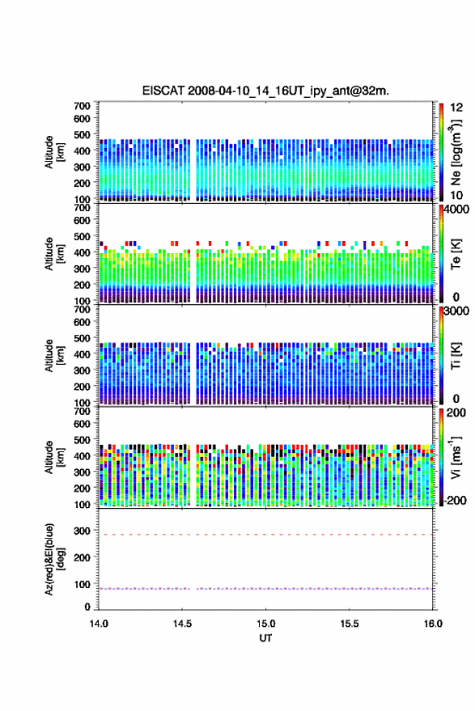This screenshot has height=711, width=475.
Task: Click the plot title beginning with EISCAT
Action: pyautogui.click(x=265, y=91)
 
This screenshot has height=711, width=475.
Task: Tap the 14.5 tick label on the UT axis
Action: pyautogui.click(x=182, y=624)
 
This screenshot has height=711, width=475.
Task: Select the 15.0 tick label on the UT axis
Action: pyautogui.click(x=265, y=624)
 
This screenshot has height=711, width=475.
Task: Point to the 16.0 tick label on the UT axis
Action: pyautogui.click(x=433, y=624)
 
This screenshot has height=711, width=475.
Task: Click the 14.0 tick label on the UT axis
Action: pyautogui.click(x=99, y=624)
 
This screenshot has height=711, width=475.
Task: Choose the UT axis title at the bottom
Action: pyautogui.click(x=265, y=638)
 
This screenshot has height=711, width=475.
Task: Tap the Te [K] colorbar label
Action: pyautogui.click(x=456, y=254)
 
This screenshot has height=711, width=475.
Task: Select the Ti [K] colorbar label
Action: pyautogui.click(x=456, y=356)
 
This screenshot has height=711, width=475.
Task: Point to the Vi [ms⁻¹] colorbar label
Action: pyautogui.click(x=456, y=458)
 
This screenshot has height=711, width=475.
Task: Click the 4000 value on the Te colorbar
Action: pyautogui.click(x=457, y=209)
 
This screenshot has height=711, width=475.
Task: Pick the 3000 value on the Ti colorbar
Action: pyautogui.click(x=457, y=311)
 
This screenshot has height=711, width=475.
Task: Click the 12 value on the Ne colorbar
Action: pyautogui.click(x=456, y=108)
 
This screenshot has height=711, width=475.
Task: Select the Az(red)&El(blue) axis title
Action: pyautogui.click(x=55, y=559)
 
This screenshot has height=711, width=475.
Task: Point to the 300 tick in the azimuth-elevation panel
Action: pyautogui.click(x=82, y=531)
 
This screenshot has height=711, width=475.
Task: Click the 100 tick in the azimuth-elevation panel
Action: pyautogui.click(x=82, y=585)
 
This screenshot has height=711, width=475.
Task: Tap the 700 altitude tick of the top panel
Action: pyautogui.click(x=82, y=106)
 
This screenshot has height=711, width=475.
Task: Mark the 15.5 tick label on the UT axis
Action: pyautogui.click(x=349, y=624)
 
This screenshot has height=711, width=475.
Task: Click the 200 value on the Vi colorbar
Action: pyautogui.click(x=456, y=413)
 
